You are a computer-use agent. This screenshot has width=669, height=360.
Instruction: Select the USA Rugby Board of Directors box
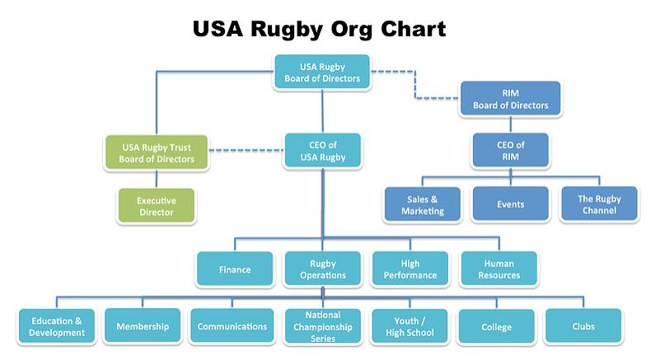(x=322, y=72)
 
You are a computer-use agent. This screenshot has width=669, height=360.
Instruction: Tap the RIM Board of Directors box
(x=510, y=99)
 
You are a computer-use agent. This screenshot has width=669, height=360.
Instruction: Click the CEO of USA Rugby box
(x=321, y=151)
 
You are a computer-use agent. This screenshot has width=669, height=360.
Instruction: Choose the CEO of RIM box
(x=510, y=151)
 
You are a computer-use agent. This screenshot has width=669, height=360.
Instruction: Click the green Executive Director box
(x=156, y=206)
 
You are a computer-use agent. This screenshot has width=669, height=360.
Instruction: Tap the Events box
(x=510, y=204)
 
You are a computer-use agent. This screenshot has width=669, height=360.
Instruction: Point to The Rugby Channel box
(x=599, y=204)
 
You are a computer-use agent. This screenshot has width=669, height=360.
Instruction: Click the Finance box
(x=235, y=269)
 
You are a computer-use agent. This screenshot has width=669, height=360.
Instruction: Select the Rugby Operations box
(x=322, y=269)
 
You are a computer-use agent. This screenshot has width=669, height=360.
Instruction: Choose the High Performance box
(x=410, y=269)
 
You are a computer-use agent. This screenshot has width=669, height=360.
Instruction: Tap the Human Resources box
(x=498, y=269)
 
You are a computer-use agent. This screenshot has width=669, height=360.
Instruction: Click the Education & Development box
(x=57, y=326)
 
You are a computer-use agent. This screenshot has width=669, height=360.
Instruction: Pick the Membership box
(x=143, y=326)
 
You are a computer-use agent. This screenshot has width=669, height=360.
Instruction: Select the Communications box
(x=232, y=326)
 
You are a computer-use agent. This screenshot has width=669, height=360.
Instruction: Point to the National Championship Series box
(x=322, y=326)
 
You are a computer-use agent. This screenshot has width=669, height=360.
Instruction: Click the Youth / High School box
(x=410, y=326)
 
